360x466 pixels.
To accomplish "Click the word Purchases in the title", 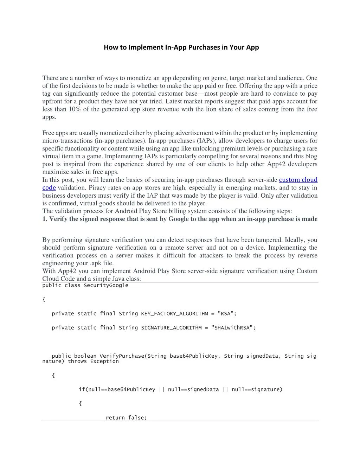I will [204, 47].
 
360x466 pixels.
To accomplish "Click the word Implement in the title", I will [146, 47].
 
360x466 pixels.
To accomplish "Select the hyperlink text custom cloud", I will [298, 180].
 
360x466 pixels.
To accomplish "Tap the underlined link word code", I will [49, 187].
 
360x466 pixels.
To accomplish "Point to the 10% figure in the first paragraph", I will [74, 109].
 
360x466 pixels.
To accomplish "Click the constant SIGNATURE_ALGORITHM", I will [171, 327].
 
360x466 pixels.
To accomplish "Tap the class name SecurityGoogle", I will [106, 285].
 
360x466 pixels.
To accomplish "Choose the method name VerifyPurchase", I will [122, 356].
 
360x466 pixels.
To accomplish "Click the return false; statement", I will [126, 417].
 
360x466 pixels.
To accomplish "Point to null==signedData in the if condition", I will [193, 389].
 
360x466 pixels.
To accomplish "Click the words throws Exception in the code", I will [93, 361].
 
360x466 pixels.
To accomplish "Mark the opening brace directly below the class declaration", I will [44, 299].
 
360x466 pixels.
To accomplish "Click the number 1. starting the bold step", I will [45, 219].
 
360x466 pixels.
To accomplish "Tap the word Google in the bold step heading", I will [178, 219].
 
